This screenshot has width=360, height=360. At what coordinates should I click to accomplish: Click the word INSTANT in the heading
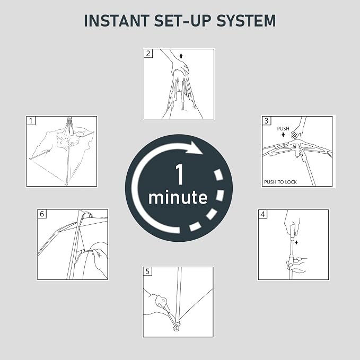(117, 21)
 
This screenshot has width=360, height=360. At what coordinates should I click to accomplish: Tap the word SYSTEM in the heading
(246, 21)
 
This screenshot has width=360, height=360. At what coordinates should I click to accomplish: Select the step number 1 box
(31, 121)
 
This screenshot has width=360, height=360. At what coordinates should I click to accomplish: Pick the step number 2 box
(148, 54)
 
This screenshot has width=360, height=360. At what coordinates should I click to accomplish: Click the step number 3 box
(266, 121)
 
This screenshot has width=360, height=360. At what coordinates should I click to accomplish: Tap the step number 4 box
(262, 214)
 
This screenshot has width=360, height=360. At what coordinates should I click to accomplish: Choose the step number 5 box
(147, 271)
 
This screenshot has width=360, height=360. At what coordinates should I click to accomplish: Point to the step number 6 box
(42, 214)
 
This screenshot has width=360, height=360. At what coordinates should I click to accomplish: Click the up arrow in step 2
(181, 56)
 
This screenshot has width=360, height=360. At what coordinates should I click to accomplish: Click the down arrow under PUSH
(283, 135)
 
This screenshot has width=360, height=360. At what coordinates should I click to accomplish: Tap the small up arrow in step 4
(296, 242)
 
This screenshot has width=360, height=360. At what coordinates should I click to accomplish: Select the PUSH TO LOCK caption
(280, 182)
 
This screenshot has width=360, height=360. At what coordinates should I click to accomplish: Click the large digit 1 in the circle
(180, 174)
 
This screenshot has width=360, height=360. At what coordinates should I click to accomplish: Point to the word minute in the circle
(178, 197)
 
